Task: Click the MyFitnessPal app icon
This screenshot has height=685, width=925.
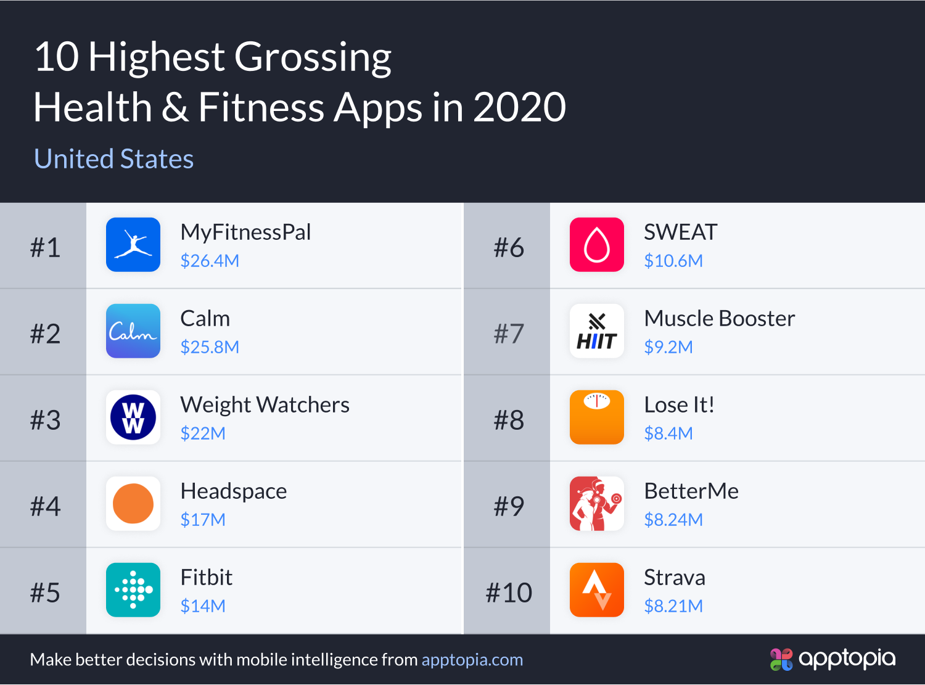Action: tap(133, 245)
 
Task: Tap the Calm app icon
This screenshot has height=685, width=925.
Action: tap(133, 331)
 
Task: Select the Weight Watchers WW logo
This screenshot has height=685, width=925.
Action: tap(133, 417)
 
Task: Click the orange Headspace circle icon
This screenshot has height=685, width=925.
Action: tap(133, 504)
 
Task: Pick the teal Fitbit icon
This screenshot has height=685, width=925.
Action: tap(133, 590)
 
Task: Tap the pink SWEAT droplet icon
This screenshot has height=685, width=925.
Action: tap(597, 245)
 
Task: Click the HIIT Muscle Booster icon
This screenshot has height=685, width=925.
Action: tap(597, 331)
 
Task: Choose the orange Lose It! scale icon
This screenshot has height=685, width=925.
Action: tap(597, 417)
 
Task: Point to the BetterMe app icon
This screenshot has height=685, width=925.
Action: tap(597, 504)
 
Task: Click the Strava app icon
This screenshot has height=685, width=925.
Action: tap(597, 590)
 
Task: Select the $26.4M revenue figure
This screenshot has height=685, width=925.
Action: tap(210, 261)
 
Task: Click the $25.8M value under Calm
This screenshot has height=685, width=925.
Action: tap(210, 347)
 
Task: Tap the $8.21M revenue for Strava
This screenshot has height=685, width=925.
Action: tap(673, 606)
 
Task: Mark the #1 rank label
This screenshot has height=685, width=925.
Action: tap(45, 247)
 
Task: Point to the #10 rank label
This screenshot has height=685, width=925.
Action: tap(509, 593)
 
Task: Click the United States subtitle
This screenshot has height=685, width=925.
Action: tap(114, 159)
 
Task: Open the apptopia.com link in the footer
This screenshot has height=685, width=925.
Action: tap(472, 660)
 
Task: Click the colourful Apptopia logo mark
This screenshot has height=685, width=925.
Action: tap(781, 659)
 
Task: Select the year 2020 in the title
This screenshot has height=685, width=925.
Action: tap(519, 107)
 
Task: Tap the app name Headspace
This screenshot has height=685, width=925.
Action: tap(234, 491)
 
